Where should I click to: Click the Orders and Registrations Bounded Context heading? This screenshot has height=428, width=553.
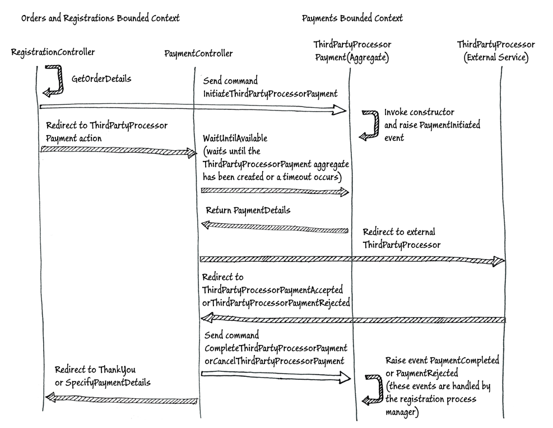tap(100, 18)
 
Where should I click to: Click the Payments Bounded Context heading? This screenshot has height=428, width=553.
tap(352, 18)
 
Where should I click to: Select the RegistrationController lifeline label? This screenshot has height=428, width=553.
tap(53, 52)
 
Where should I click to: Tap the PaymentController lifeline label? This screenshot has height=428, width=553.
tap(198, 54)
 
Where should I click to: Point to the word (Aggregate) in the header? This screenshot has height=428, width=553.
tap(369, 58)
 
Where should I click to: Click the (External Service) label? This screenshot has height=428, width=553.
tap(496, 58)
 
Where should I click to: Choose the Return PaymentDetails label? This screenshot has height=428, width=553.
tap(248, 211)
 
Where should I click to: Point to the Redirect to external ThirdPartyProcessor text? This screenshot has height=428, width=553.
tap(400, 238)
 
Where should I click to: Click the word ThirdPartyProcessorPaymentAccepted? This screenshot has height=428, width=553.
tap(272, 289)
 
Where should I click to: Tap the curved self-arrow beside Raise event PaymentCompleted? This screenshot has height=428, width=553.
tap(370, 389)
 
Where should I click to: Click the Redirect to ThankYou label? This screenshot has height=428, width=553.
tap(95, 370)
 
